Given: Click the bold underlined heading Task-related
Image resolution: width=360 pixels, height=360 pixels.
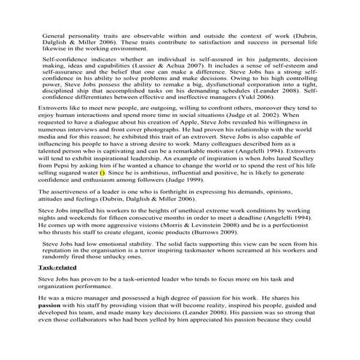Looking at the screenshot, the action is click(58, 268).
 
